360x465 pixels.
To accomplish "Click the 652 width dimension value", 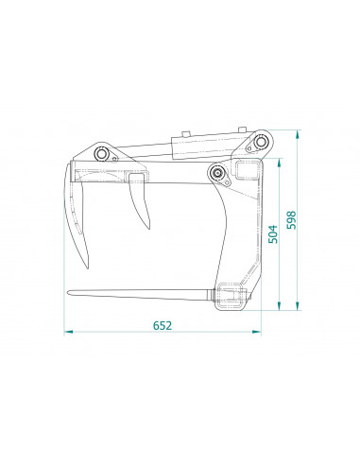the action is pyautogui.click(x=163, y=325).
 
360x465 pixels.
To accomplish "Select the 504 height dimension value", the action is pyautogui.click(x=273, y=233).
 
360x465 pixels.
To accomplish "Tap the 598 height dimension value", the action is pyautogui.click(x=291, y=220).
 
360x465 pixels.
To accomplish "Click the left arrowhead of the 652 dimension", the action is pyautogui.click(x=68, y=332).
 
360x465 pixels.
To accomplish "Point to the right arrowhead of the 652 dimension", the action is pyautogui.click(x=257, y=332).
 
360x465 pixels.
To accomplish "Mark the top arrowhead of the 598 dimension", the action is pyautogui.click(x=298, y=134).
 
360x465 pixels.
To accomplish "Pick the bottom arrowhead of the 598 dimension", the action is pyautogui.click(x=298, y=305).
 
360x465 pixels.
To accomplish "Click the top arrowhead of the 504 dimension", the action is pyautogui.click(x=279, y=163).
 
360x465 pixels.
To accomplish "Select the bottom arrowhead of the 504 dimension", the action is pyautogui.click(x=279, y=305).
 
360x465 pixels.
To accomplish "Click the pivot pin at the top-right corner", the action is pyautogui.click(x=261, y=142).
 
